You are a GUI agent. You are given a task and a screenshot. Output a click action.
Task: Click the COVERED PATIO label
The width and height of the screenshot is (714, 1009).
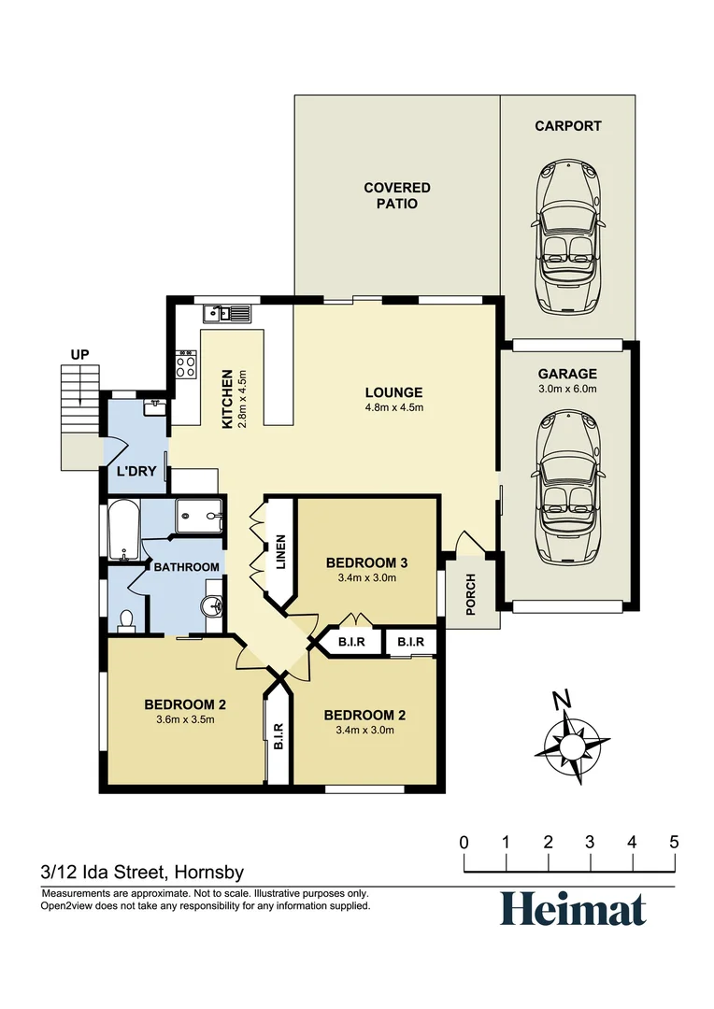click(397, 195)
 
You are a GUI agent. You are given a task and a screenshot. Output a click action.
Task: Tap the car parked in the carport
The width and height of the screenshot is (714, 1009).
click(567, 237)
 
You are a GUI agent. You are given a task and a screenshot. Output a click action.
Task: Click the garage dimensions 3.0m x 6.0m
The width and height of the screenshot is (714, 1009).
click(567, 389)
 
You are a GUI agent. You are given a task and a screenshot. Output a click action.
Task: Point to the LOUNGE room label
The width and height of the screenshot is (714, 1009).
click(393, 392)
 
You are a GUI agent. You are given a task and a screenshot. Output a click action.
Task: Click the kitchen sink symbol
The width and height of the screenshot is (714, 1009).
click(230, 314)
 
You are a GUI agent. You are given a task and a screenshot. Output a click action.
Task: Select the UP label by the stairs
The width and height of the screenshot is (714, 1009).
click(79, 355)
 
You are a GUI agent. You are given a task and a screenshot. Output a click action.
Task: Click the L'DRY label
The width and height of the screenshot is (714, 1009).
click(136, 472)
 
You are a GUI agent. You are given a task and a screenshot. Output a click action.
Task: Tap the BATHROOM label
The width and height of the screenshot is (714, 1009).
click(187, 567)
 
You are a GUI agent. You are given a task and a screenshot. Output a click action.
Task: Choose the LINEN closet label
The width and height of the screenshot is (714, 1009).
click(280, 551)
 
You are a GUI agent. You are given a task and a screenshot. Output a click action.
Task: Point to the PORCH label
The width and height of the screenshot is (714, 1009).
click(471, 593)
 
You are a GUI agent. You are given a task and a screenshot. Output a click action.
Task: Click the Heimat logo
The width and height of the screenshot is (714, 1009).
click(572, 909)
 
